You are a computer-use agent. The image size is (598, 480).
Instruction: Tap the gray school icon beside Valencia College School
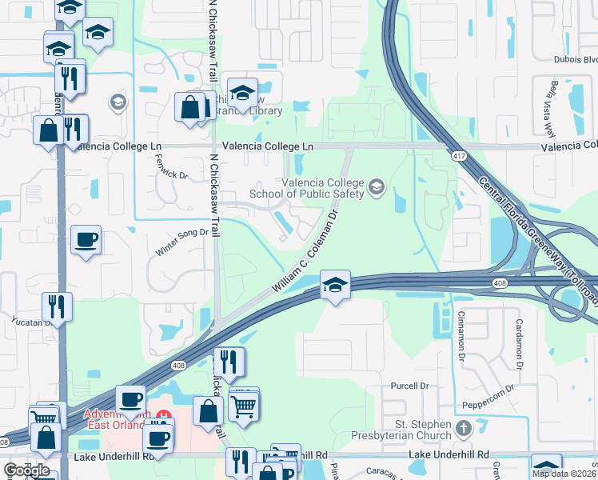377,188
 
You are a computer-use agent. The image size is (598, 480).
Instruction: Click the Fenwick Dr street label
172,169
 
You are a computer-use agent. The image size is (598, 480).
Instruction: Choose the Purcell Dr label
409,386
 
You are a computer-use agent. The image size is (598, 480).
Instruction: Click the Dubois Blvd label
576,58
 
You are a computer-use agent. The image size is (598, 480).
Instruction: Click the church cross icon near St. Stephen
462,428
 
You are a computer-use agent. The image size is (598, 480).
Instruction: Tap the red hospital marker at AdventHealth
164,416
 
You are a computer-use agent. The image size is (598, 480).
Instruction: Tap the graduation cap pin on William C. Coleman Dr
335,284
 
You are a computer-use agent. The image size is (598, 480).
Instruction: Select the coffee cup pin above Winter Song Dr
86,238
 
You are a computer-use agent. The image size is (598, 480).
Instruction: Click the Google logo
26,470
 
